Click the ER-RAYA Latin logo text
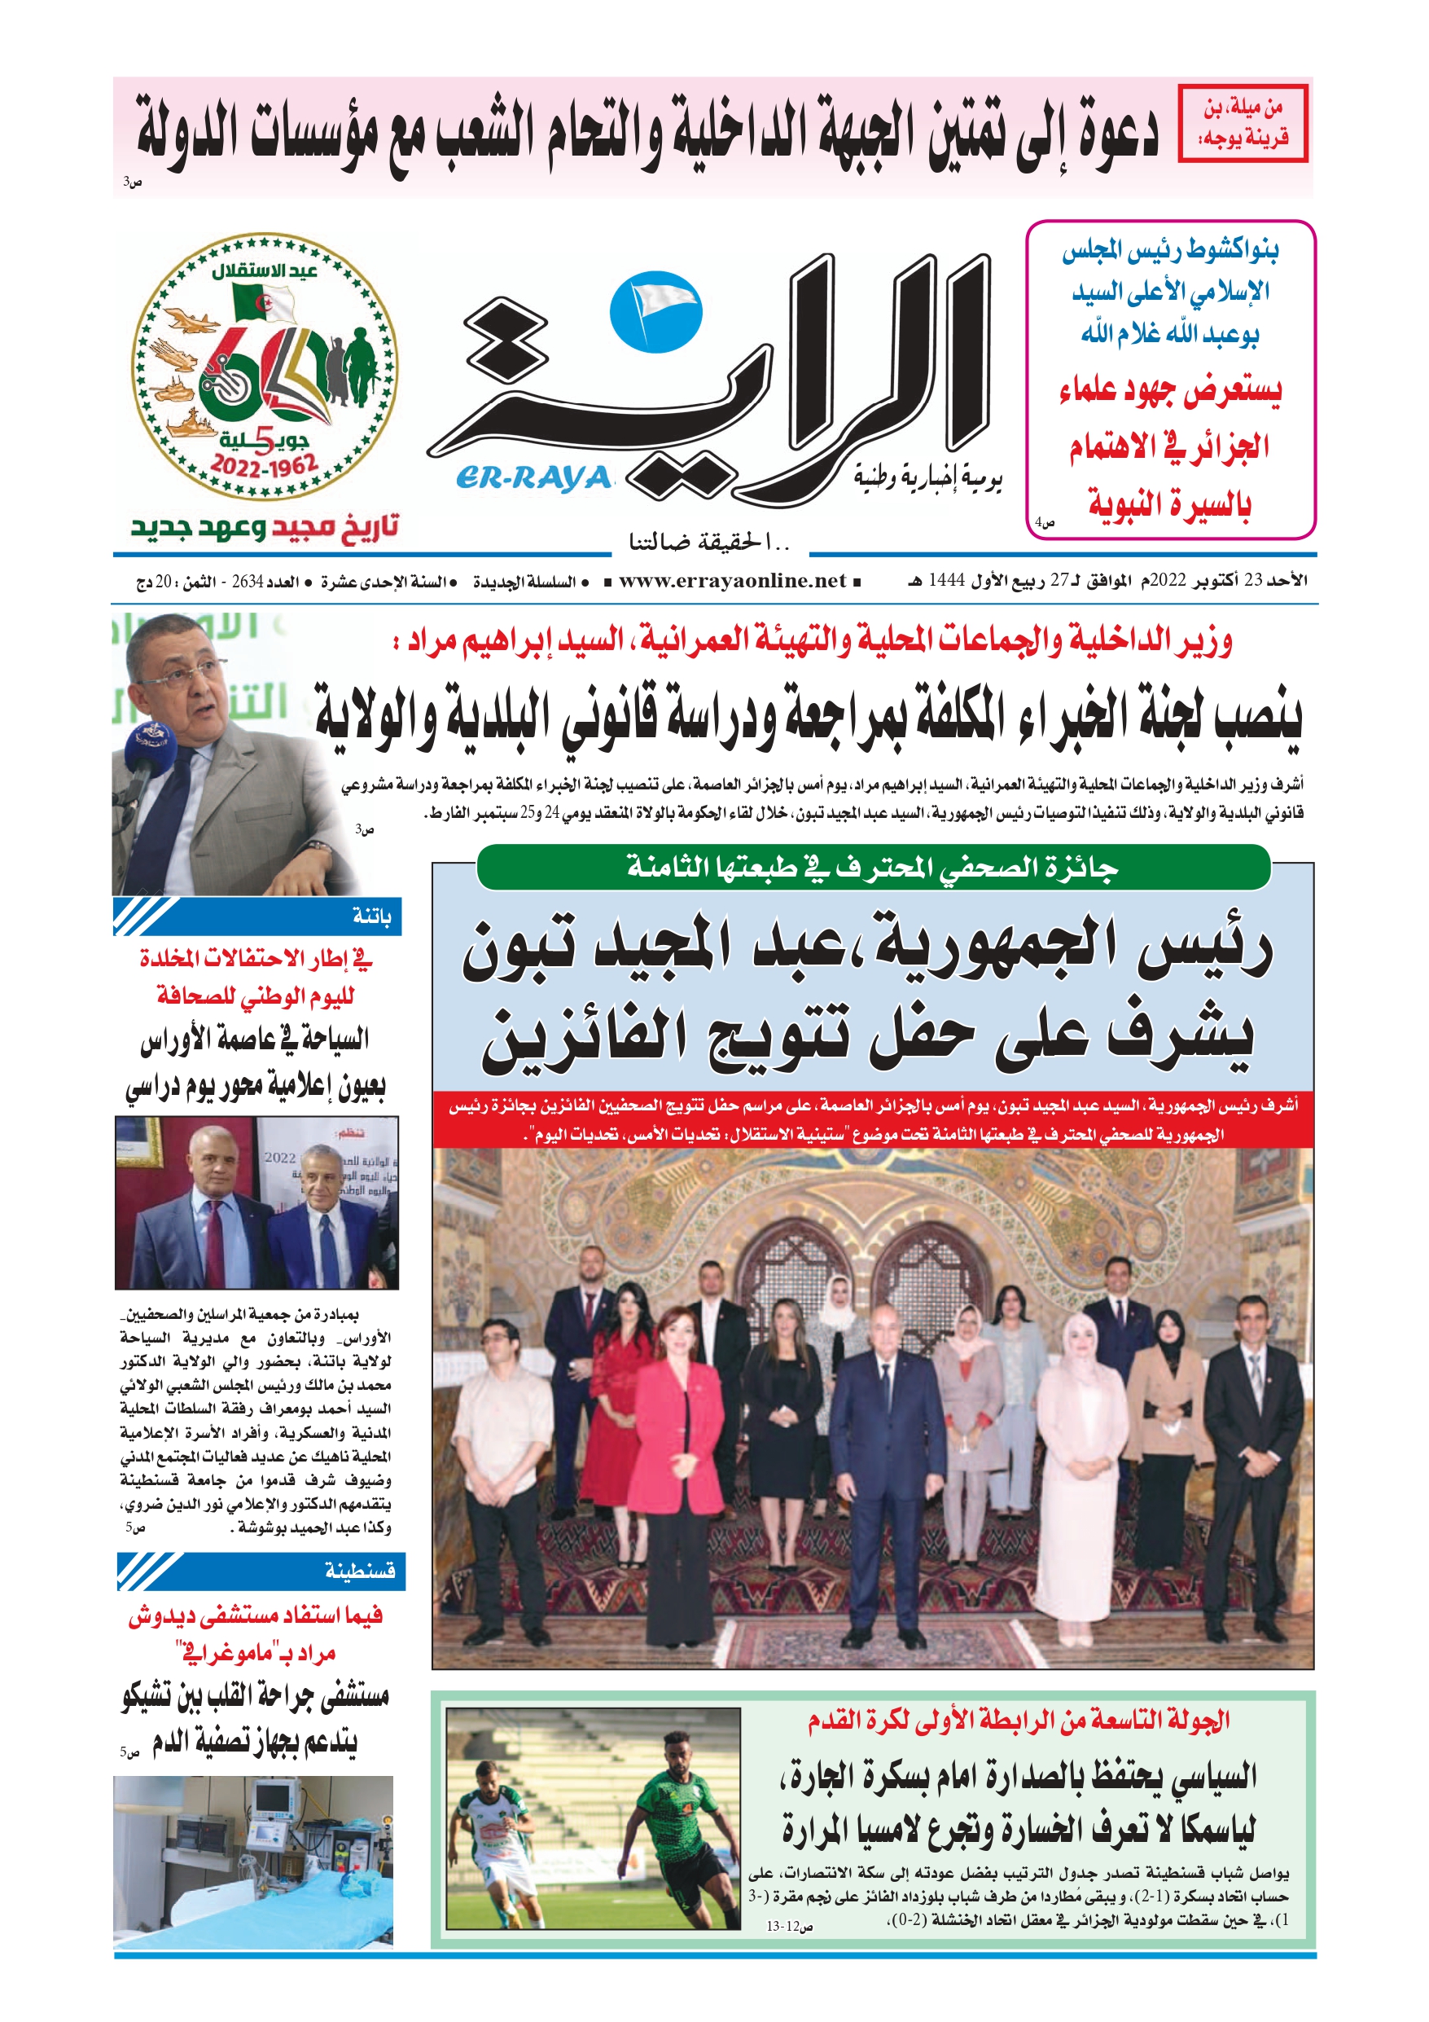pos(533,478)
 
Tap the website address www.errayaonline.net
pos(732,581)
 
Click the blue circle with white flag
pos(656,313)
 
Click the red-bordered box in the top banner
pos(1243,123)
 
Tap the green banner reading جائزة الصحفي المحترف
pos(873,868)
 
